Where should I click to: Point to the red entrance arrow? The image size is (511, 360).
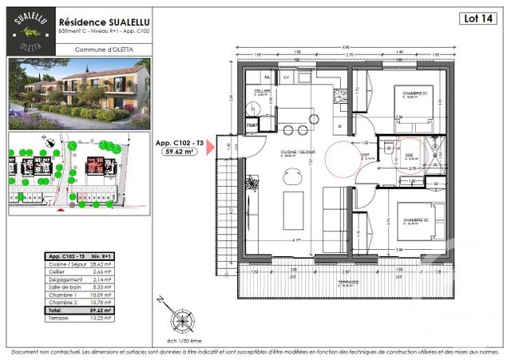[x=212, y=150]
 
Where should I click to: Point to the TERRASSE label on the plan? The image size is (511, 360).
[x=347, y=281]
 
